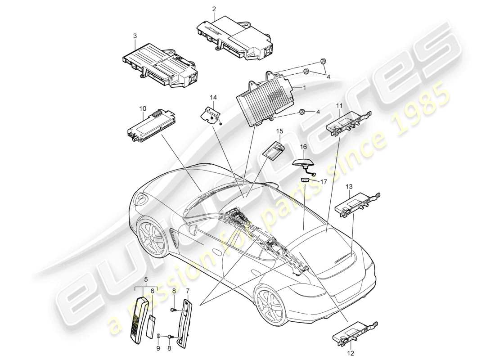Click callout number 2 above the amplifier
tap(214, 9)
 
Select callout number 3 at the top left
tap(135, 35)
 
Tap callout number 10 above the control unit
tap(143, 108)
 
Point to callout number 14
tap(213, 97)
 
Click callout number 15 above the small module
tap(279, 131)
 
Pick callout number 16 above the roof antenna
tap(303, 147)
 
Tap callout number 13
tap(349, 187)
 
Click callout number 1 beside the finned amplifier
tap(305, 89)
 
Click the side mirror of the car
tap(194, 229)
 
